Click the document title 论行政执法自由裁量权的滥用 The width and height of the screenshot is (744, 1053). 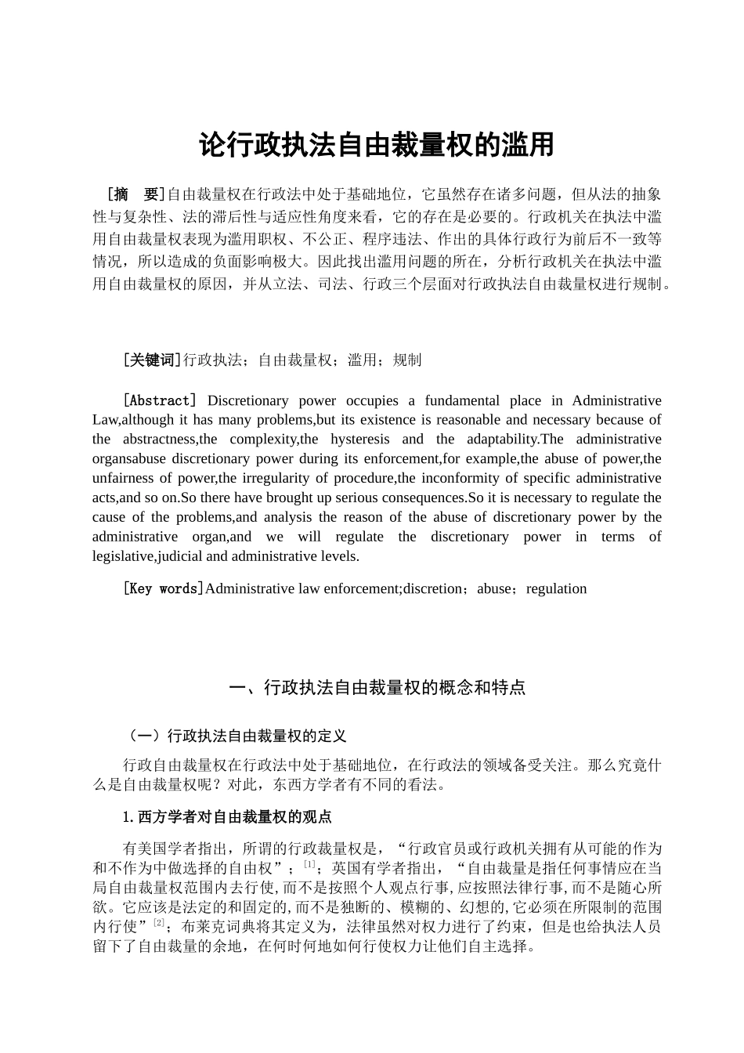pyautogui.click(x=377, y=146)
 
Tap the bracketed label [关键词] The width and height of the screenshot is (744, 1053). pyautogui.click(x=152, y=360)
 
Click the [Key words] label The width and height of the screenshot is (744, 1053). pyautogui.click(x=163, y=588)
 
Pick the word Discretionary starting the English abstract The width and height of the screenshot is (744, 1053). pyautogui.click(x=247, y=400)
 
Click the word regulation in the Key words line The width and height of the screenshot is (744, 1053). pyautogui.click(x=556, y=588)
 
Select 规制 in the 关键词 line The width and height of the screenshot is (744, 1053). pyautogui.click(x=407, y=360)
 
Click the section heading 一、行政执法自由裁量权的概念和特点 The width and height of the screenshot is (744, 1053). pyautogui.click(x=377, y=688)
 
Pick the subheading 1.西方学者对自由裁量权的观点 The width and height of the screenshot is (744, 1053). pyautogui.click(x=227, y=817)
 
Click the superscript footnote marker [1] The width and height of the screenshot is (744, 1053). pyautogui.click(x=309, y=864)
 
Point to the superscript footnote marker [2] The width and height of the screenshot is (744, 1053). pyautogui.click(x=159, y=923)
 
